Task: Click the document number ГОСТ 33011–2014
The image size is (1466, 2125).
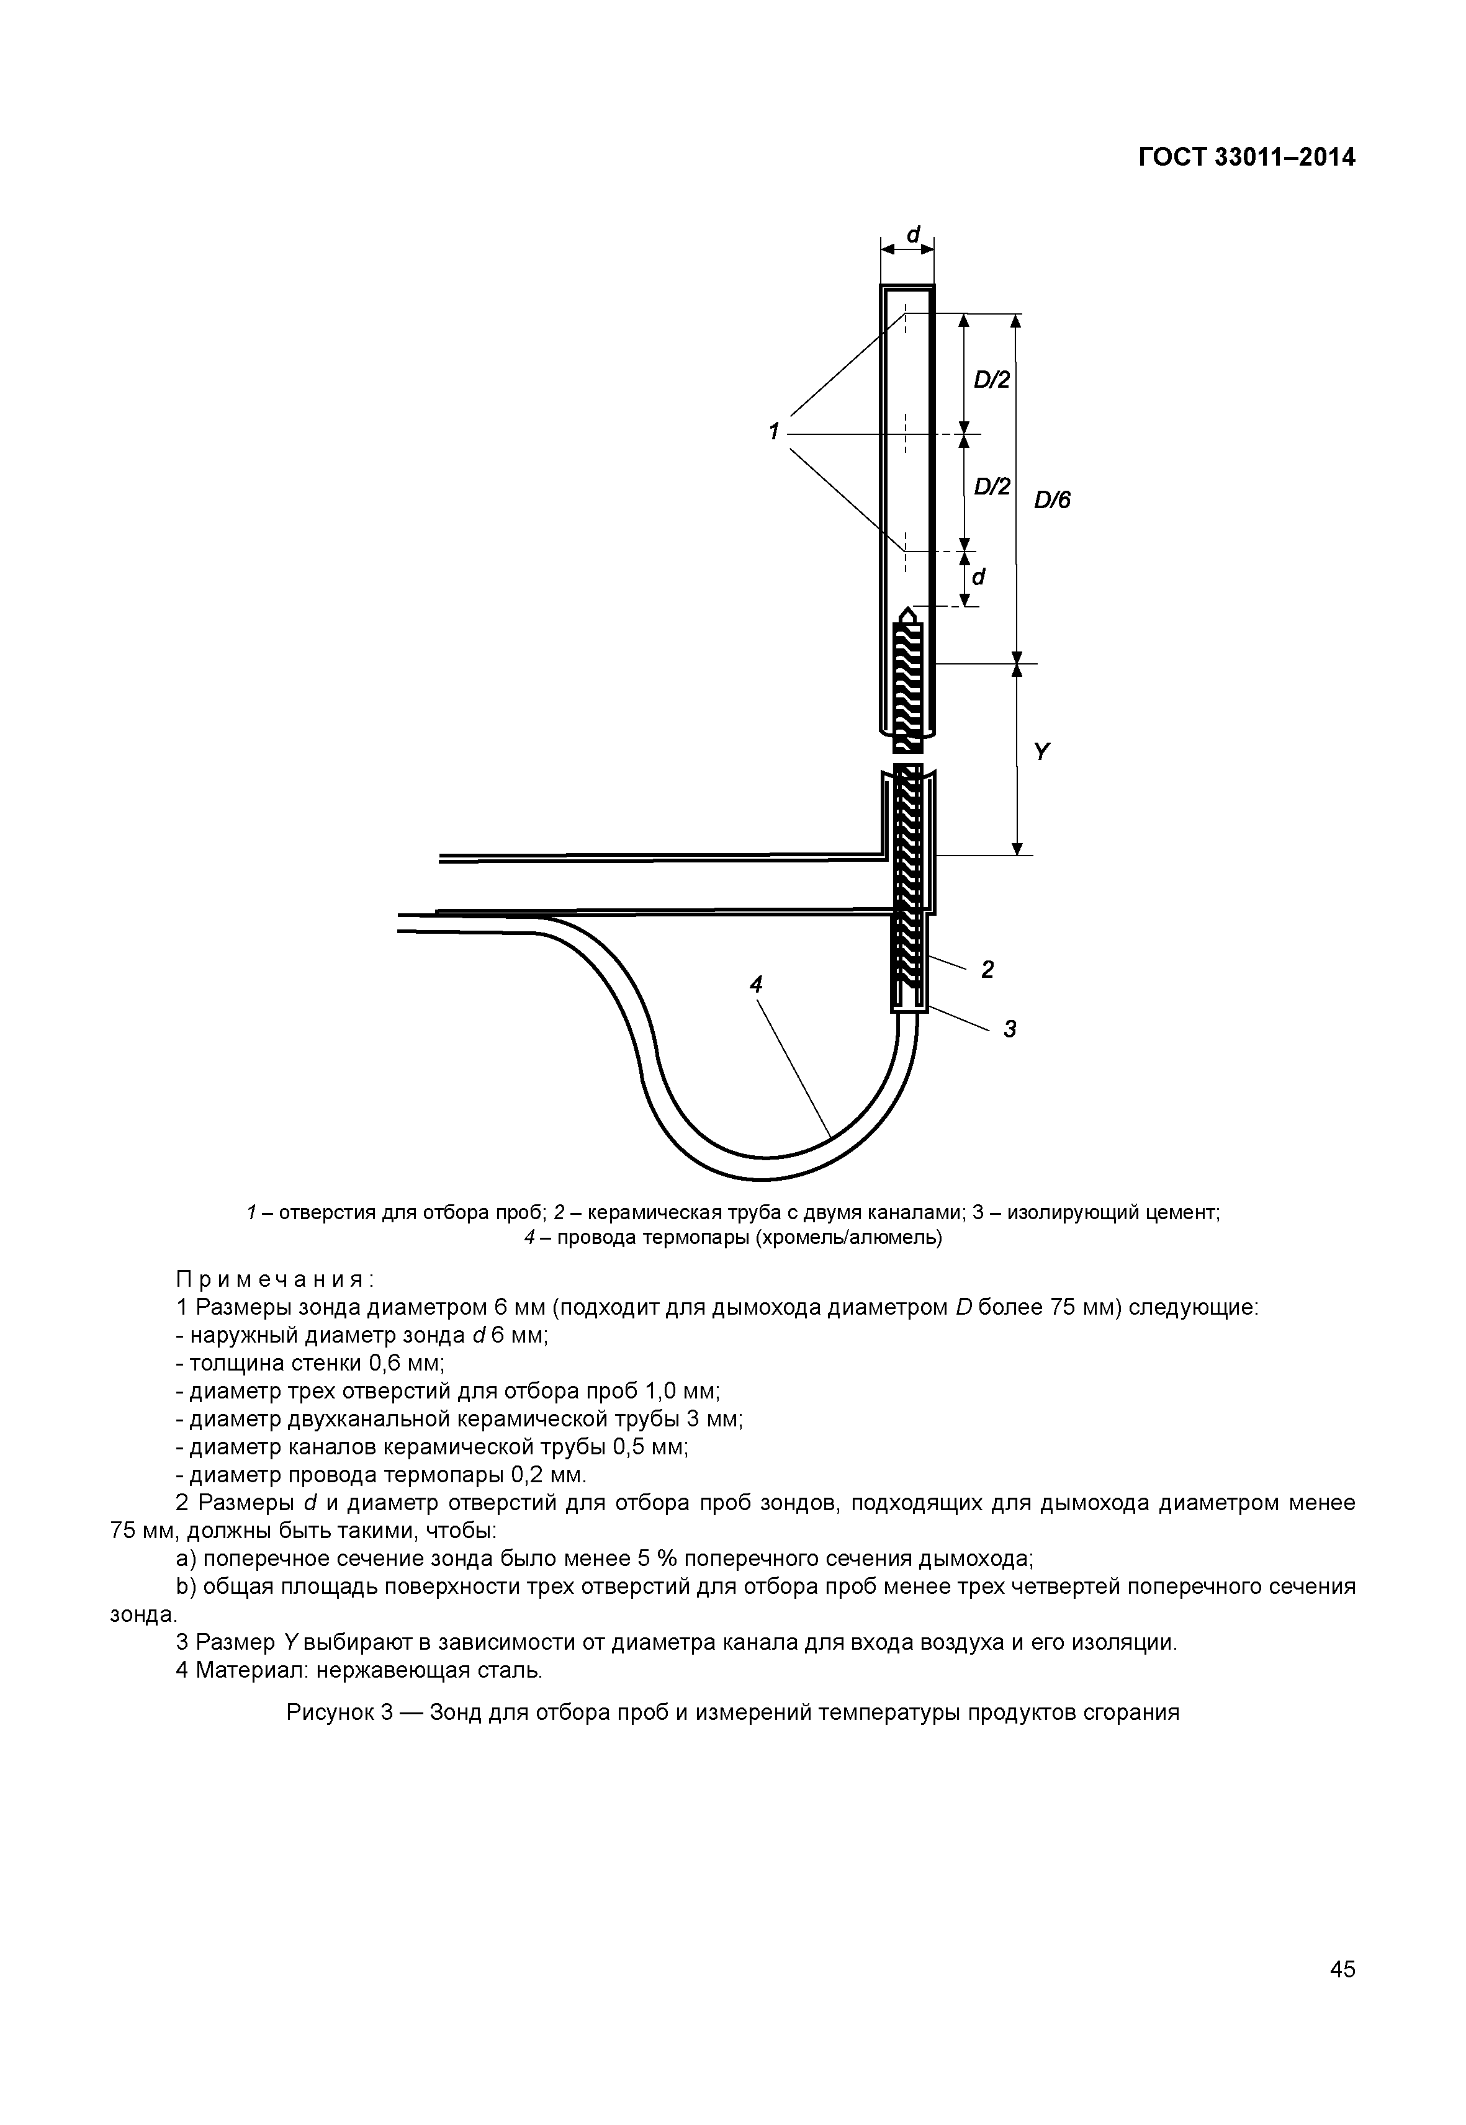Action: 1246,158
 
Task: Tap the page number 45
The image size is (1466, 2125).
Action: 1341,1995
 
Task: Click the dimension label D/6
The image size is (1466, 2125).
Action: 1052,501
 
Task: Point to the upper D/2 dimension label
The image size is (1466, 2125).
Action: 992,379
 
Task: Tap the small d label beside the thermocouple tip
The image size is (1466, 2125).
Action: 979,577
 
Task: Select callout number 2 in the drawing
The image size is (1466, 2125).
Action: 987,970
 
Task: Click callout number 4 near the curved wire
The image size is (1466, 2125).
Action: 756,985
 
